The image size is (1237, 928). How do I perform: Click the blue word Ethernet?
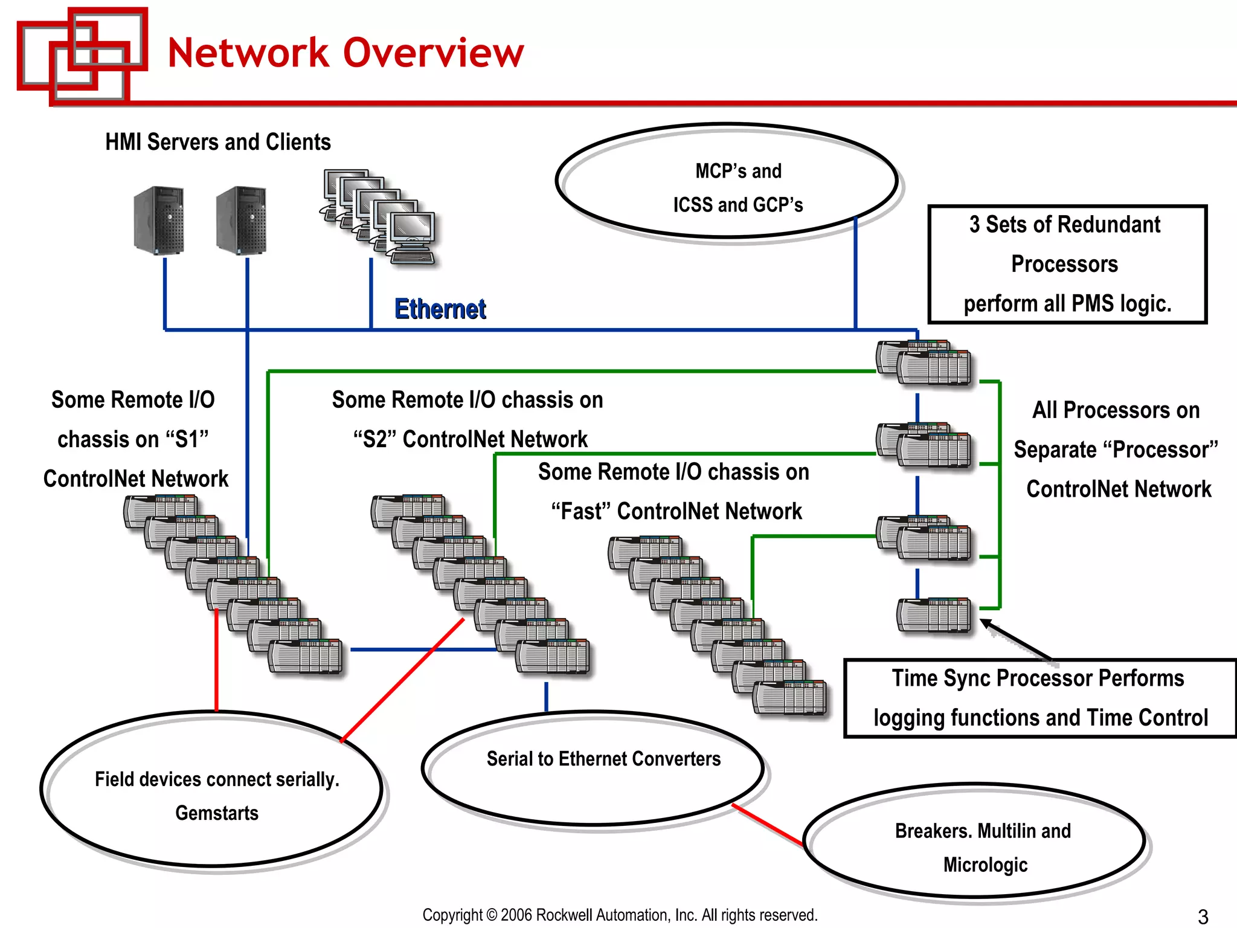coord(440,309)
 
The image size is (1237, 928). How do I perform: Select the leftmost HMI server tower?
coord(159,221)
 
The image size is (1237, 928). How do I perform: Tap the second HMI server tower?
coord(242,221)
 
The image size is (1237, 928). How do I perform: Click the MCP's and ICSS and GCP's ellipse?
coord(727,181)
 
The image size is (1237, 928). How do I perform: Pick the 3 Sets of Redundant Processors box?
coord(1067,264)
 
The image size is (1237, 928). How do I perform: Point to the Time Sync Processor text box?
coord(1040,698)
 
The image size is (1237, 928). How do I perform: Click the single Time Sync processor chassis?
coord(934,615)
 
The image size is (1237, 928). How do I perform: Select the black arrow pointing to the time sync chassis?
coord(1017,642)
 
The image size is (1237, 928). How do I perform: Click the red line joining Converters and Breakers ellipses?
coord(768,825)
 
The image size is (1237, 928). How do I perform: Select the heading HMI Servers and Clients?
coord(218,143)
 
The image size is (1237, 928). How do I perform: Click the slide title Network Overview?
coord(345,53)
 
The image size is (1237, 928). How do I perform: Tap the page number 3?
coord(1203,916)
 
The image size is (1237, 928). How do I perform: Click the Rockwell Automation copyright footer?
coord(620,915)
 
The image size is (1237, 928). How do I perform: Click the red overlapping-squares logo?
coord(82,56)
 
